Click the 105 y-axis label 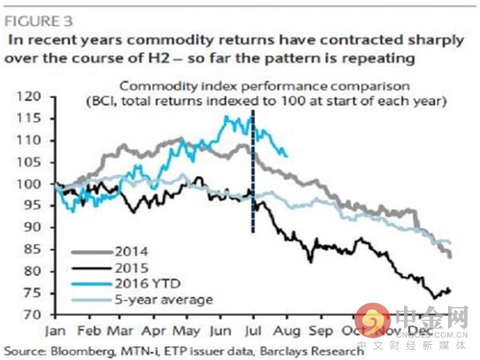pyautogui.click(x=40, y=162)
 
